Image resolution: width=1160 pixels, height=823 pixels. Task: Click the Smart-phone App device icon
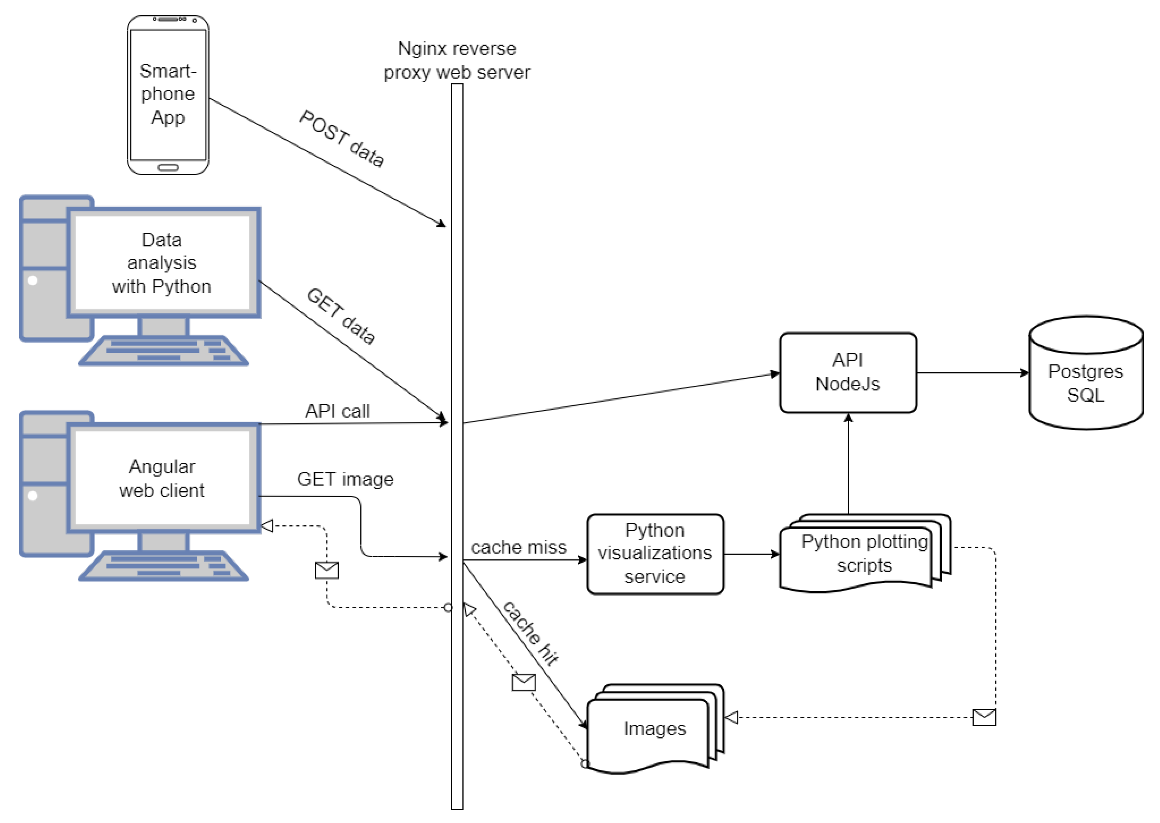point(168,95)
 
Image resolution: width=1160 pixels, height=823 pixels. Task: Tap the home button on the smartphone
point(168,167)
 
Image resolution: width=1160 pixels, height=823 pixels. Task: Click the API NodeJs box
point(848,372)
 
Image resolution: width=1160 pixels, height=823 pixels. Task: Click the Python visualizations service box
point(655,554)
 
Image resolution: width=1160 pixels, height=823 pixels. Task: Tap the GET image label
point(345,479)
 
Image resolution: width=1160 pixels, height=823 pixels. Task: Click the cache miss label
point(518,547)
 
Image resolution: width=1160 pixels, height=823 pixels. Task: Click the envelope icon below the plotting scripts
point(984,717)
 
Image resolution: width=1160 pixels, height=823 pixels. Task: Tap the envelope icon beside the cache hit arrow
point(524,682)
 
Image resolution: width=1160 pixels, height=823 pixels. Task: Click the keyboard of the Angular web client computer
point(164,566)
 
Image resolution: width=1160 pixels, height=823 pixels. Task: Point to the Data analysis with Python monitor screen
point(162,262)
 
